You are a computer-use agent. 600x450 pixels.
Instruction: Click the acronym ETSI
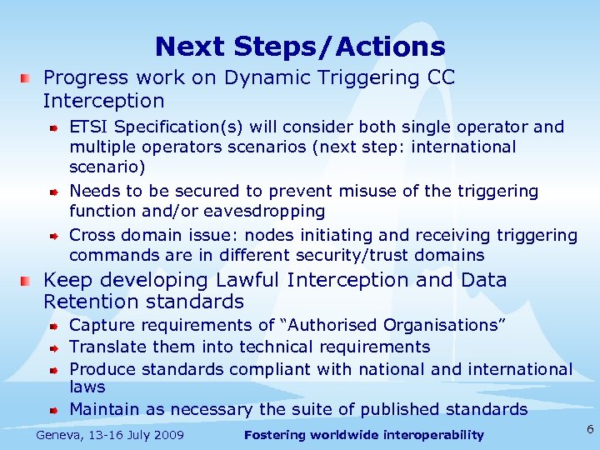click(x=89, y=127)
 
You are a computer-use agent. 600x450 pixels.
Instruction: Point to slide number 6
click(x=589, y=429)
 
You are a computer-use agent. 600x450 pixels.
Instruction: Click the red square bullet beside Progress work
click(x=27, y=77)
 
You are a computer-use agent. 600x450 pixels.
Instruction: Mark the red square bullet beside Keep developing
click(x=27, y=280)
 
